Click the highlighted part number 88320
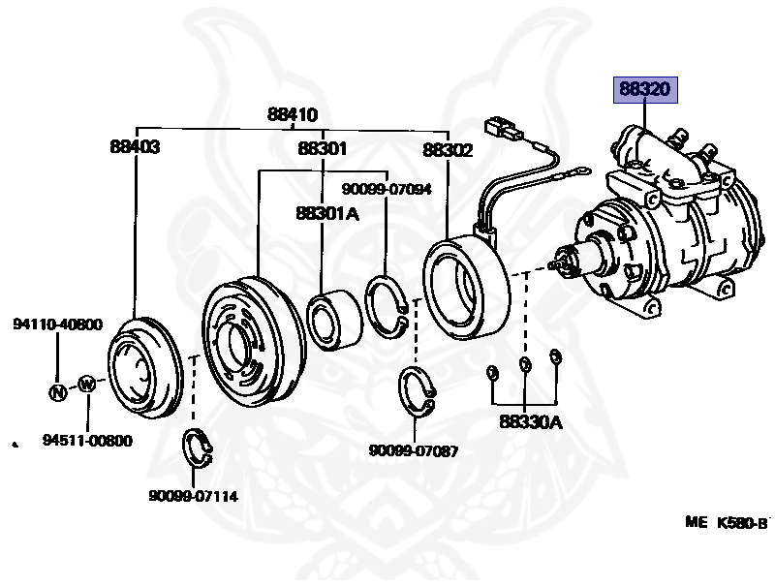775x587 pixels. tap(645, 90)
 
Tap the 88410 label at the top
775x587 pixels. tap(293, 114)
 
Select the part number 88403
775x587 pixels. tap(135, 147)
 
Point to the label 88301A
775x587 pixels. tap(327, 213)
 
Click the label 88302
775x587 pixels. tap(448, 150)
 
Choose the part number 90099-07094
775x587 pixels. tap(387, 189)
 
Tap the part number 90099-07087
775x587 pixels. tap(414, 450)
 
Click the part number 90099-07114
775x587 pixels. tap(193, 496)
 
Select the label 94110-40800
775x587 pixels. tap(58, 324)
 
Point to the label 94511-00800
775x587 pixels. tap(87, 440)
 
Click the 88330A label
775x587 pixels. tap(531, 422)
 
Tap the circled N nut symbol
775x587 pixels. tap(58, 392)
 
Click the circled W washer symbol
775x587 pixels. tap(87, 384)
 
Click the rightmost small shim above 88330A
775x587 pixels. tap(555, 355)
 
